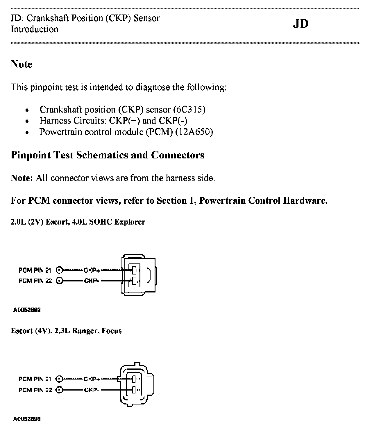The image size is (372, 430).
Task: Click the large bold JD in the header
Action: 301,24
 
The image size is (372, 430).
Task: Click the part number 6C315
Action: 189,110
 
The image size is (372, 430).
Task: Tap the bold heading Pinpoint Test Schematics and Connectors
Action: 108,155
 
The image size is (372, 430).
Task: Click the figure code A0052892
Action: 27,310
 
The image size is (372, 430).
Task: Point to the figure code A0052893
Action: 27,419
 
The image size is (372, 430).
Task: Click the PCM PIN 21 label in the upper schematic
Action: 35,270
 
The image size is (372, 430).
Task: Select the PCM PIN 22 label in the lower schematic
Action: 35,390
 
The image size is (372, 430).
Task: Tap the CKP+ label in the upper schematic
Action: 92,270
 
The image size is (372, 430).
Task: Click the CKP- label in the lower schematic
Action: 92,390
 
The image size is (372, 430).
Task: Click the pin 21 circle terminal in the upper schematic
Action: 59,270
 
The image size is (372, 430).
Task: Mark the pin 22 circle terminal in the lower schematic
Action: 59,390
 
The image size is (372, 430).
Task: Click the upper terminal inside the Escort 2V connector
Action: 134,270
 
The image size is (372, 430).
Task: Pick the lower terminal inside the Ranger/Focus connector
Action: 134,390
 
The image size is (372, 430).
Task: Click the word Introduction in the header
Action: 34,29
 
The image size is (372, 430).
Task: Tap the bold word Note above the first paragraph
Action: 22,64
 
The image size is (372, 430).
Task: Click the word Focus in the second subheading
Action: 112,331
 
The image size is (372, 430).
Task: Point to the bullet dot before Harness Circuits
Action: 27,121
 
